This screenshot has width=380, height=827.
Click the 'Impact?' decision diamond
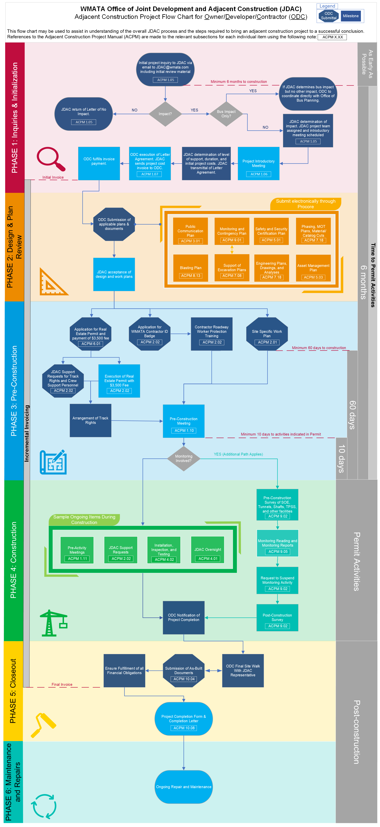click(x=165, y=114)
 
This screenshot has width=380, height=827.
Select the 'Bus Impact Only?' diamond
click(x=226, y=114)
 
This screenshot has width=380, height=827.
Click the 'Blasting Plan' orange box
click(x=191, y=268)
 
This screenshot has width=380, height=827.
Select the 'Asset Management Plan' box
click(x=313, y=268)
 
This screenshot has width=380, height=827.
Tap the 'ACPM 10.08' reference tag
click(x=184, y=728)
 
